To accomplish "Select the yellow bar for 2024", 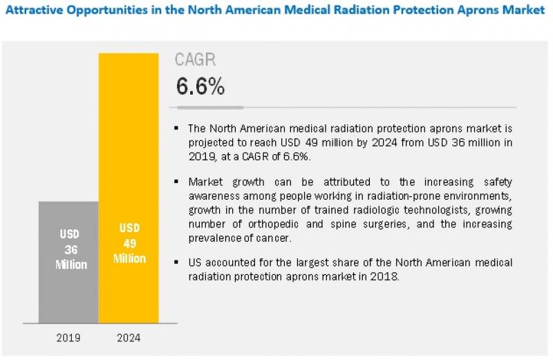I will point(129,173).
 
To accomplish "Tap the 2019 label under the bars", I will point(69,339).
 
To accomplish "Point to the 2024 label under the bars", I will point(129,339).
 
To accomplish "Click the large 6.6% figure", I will point(200,86).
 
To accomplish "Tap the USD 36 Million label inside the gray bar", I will point(68,249).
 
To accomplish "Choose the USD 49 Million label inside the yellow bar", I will point(129,243).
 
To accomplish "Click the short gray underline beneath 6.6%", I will point(210,107).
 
